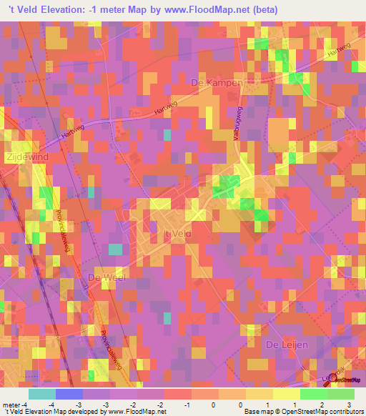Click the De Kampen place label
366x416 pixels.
tap(218, 84)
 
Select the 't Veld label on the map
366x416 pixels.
tap(174, 234)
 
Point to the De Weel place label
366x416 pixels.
tap(105, 277)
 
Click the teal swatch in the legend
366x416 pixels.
tap(41, 394)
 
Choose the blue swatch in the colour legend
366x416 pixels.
tap(69, 394)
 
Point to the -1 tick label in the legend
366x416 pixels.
tap(187, 404)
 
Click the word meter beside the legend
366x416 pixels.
tap(10, 404)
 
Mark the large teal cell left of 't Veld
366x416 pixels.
tap(115, 249)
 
